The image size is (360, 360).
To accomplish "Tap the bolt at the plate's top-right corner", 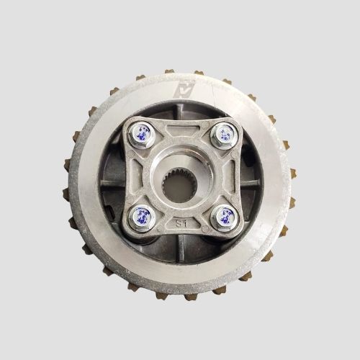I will (225, 132).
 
